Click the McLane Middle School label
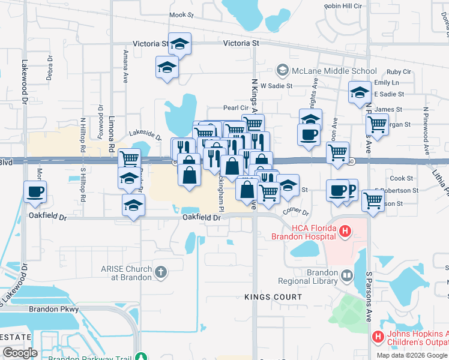pyautogui.click(x=334, y=71)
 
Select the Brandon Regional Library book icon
pyautogui.click(x=346, y=276)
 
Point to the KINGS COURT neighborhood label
pyautogui.click(x=273, y=297)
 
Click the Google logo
pyautogui.click(x=20, y=353)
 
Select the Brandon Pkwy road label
pyautogui.click(x=54, y=309)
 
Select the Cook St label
pyautogui.click(x=402, y=178)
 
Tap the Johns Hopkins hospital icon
pyautogui.click(x=378, y=337)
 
